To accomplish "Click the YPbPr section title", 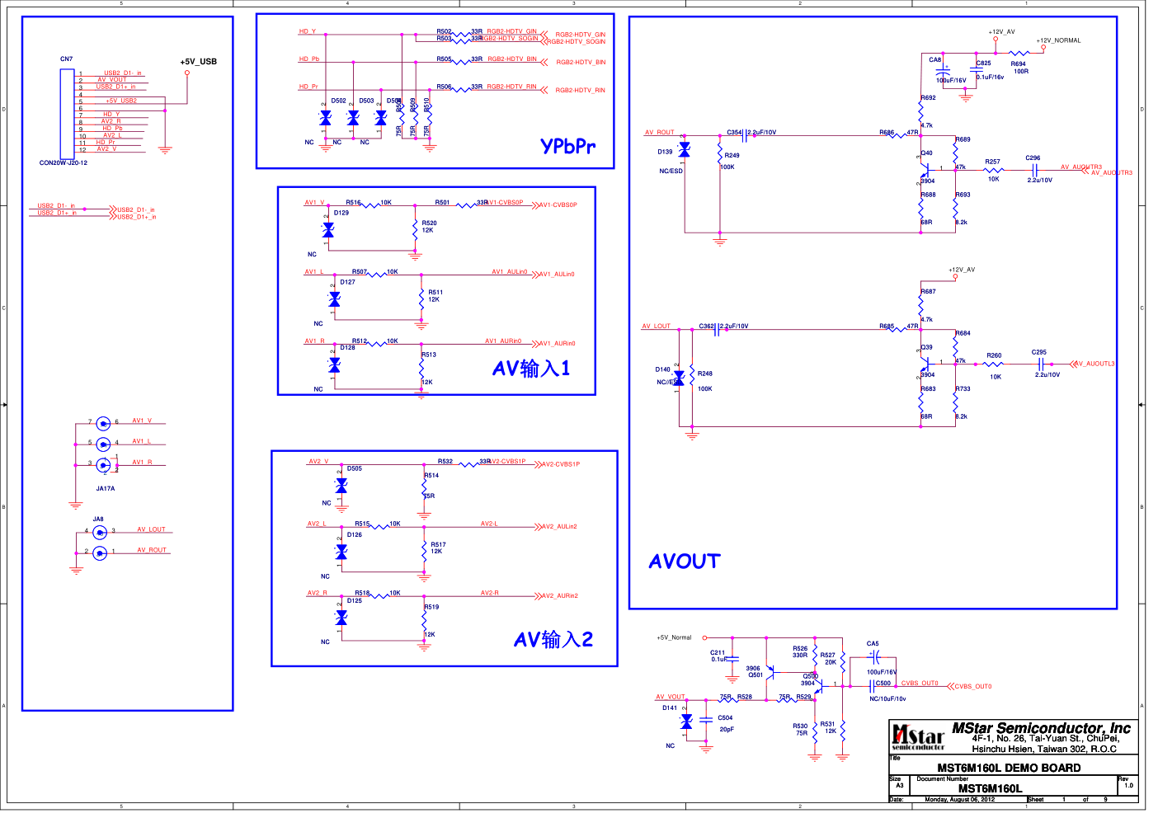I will [567, 146].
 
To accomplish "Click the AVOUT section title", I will [685, 562].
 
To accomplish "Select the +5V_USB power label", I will [198, 62].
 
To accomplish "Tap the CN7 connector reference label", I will [66, 59].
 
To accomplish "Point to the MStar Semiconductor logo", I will [918, 736].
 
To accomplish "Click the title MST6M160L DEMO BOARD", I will [1009, 768].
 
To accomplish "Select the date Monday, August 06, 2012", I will [959, 799].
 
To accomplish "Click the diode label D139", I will [665, 152].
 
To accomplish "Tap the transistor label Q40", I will [927, 153].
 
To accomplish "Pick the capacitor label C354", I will [735, 132].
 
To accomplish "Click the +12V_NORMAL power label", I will [1058, 40].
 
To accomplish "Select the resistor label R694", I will [1018, 63].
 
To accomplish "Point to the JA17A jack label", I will [106, 488].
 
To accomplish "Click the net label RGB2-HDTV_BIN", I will [581, 63].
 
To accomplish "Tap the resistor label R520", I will [429, 223].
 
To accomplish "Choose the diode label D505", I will [355, 468].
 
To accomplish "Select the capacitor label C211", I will [718, 652].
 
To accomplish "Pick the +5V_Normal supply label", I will [674, 637].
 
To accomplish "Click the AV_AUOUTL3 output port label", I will [1094, 364].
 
